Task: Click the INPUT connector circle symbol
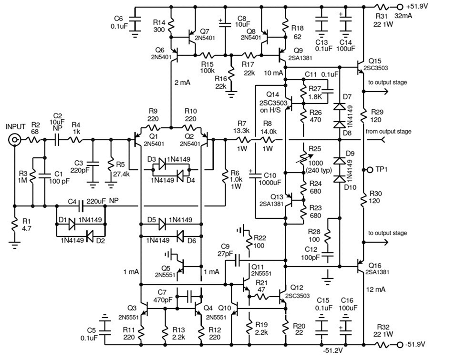click(14, 140)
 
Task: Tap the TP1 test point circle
click(370, 170)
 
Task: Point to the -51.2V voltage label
click(332, 350)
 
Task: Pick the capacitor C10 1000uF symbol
click(255, 175)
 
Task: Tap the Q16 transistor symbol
click(361, 266)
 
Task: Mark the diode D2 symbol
click(89, 236)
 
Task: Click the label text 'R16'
click(221, 79)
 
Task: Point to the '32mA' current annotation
click(404, 16)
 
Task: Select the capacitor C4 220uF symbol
click(81, 206)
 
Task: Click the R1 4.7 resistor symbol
click(14, 225)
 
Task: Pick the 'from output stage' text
click(389, 132)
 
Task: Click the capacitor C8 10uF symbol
click(225, 23)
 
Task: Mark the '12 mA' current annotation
click(376, 289)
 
